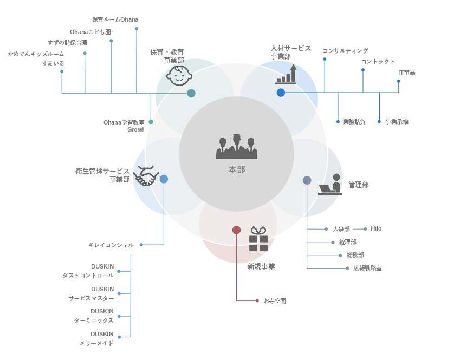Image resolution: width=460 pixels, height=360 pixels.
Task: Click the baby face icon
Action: tap(179, 75)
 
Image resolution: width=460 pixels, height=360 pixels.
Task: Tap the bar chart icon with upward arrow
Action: tap(286, 75)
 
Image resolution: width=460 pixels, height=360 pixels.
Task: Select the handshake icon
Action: tap(145, 176)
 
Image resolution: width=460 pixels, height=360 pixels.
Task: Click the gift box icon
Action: tap(258, 239)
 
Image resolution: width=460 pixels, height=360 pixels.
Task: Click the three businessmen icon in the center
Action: tap(236, 146)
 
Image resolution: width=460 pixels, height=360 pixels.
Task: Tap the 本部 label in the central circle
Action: tap(236, 169)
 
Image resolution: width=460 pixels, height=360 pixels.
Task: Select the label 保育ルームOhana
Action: tap(115, 19)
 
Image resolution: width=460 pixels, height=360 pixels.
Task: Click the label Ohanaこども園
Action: tap(90, 32)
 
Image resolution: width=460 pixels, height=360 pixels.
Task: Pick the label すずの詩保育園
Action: tap(67, 43)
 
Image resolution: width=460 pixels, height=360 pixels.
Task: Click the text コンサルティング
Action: tap(345, 51)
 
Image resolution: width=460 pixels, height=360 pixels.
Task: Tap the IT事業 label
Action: tap(407, 73)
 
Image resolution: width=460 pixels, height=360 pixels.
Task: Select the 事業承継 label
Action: tap(397, 122)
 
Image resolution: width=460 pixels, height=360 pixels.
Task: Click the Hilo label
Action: tap(376, 228)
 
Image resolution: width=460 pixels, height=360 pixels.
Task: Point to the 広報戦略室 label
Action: tap(367, 268)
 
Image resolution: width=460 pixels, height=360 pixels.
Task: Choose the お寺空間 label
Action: tap(274, 300)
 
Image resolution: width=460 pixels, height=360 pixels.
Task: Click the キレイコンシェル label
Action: tap(111, 245)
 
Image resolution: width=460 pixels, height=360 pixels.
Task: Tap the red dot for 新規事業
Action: tap(236, 230)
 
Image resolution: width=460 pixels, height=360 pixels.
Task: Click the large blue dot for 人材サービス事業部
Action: tap(281, 93)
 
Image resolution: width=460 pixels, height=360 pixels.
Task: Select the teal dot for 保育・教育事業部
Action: tap(191, 93)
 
